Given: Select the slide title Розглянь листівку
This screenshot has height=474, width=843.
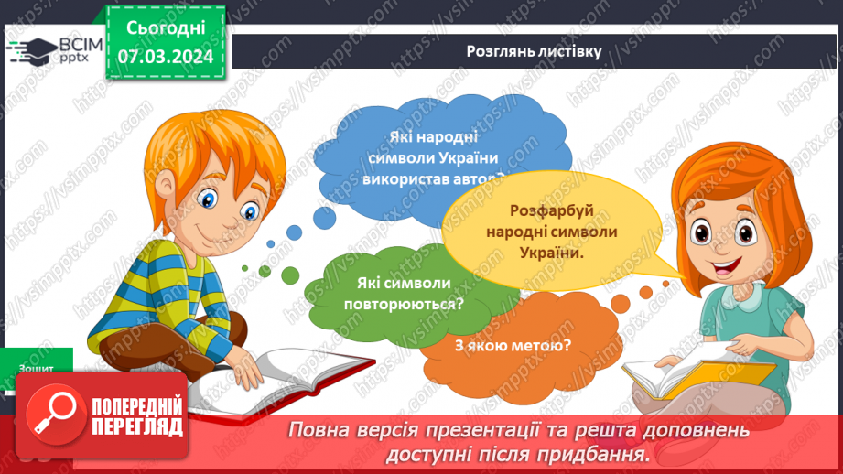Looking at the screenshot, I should [x=533, y=51].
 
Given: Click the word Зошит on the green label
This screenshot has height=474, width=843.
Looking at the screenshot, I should [x=35, y=368].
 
